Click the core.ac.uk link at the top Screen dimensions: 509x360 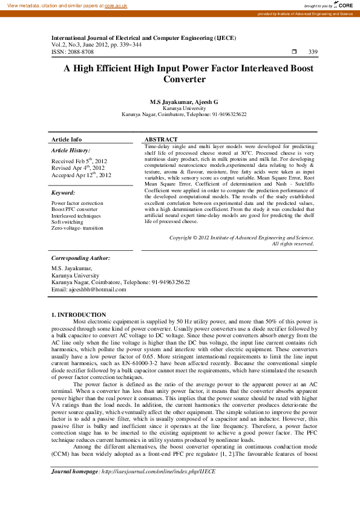[115, 5]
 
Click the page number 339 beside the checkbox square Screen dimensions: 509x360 [313, 52]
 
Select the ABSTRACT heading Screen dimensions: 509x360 [161, 140]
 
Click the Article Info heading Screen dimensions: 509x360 [67, 140]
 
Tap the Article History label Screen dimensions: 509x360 [71, 150]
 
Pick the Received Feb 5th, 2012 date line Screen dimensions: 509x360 [79, 161]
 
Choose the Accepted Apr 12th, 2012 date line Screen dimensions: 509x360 [81, 175]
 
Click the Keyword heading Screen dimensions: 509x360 [63, 192]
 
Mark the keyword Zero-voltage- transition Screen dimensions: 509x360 [77, 228]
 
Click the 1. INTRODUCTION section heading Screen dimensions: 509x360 [79, 314]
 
